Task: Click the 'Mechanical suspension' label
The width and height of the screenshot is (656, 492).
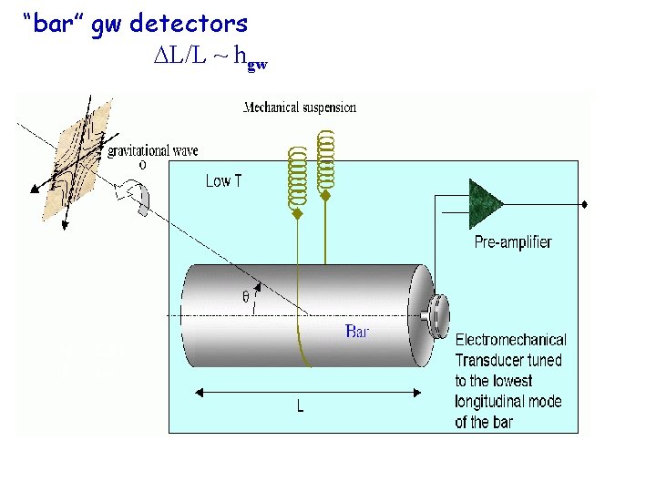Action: (x=300, y=108)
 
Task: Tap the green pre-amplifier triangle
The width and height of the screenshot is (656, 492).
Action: (x=486, y=203)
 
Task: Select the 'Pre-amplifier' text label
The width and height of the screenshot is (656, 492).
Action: (x=512, y=242)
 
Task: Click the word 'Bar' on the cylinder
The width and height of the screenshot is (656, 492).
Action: (x=357, y=331)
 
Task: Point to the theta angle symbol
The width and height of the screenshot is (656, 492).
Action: (x=246, y=296)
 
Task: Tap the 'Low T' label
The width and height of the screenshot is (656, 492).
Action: (x=224, y=181)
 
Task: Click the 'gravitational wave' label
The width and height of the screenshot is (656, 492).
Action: (x=153, y=150)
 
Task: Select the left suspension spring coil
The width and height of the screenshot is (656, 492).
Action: (x=296, y=178)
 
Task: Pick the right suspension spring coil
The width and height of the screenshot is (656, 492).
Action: (x=324, y=161)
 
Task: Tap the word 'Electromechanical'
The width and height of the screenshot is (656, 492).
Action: (x=510, y=340)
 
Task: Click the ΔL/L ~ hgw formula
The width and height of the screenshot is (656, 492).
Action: (x=210, y=56)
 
